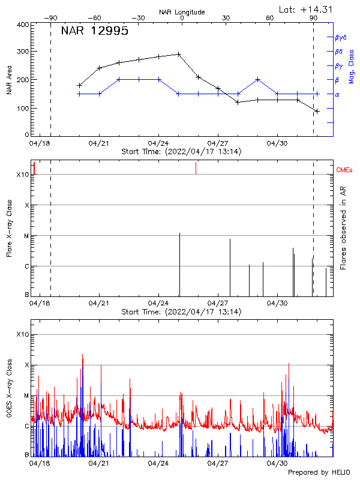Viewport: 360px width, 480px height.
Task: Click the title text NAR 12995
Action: pos(94,32)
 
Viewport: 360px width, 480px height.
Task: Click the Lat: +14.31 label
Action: pos(307,9)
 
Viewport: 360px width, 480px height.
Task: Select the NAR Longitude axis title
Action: pos(182,12)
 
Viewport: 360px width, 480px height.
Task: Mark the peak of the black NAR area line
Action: pos(179,54)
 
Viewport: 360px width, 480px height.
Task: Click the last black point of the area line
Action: pos(317,111)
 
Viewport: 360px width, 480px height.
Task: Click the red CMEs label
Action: pos(345,170)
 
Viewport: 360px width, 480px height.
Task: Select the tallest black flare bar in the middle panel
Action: pos(179,264)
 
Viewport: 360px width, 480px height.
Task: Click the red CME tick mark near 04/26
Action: pos(196,169)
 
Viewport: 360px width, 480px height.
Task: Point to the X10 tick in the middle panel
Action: pos(23,175)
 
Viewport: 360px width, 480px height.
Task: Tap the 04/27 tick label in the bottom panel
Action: pos(217,463)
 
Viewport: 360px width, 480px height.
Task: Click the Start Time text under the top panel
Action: pos(181,152)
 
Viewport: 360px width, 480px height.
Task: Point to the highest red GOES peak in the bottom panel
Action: pos(82,355)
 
